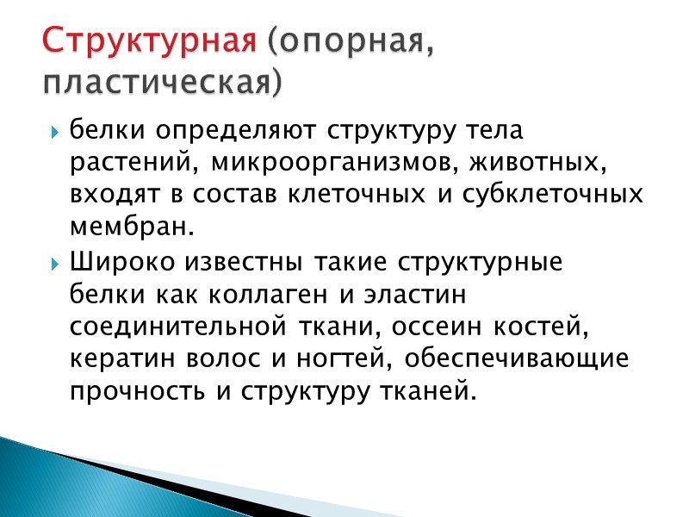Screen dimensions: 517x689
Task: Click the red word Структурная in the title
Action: coord(150,40)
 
